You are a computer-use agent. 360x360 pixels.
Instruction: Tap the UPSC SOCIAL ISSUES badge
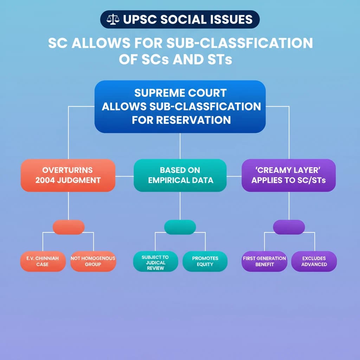[x=180, y=20]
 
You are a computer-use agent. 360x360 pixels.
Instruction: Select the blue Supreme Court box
[x=180, y=107]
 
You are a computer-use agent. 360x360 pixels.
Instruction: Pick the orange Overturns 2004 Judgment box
[x=68, y=175]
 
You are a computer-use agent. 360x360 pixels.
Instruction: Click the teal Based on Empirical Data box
[x=180, y=175]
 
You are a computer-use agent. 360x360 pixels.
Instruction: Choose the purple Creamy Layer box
[x=289, y=175]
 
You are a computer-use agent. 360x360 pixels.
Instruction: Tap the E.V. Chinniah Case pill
[x=43, y=261]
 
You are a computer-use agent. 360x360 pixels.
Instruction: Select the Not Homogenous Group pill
[x=93, y=261]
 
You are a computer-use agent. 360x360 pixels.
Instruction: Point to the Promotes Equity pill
[x=205, y=261]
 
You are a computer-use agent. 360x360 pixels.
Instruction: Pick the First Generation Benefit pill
[x=264, y=261]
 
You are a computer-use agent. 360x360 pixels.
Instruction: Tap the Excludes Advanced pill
[x=314, y=261]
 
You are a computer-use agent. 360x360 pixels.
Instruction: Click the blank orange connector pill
[x=69, y=227]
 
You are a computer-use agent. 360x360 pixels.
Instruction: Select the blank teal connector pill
[x=180, y=227]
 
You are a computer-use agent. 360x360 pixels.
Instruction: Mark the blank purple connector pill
[x=289, y=227]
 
